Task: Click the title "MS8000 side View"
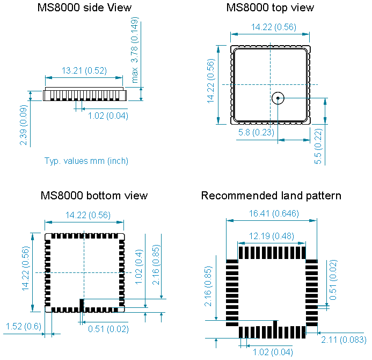point(84,8)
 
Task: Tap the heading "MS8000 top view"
point(269,8)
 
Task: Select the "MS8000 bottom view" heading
point(94,196)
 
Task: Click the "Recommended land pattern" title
point(271,196)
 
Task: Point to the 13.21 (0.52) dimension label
point(84,70)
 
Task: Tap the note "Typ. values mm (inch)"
point(86,161)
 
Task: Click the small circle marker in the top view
point(278,98)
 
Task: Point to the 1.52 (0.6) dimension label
point(23,327)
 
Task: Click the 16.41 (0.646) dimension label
point(272,213)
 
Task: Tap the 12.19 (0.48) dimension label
point(272,236)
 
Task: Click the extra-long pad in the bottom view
point(82,305)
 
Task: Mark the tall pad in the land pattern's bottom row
point(275,328)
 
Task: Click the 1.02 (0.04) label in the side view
point(108,116)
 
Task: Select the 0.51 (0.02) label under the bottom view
point(108,329)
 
